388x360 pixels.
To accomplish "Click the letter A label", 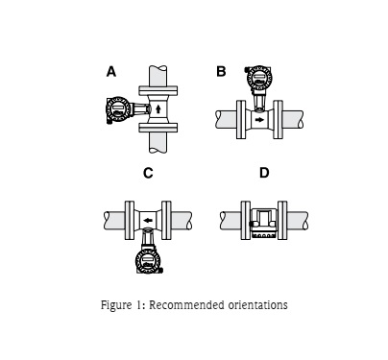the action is point(111,72).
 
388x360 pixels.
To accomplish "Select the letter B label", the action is point(222,72).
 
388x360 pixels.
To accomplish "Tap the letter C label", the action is point(148,174).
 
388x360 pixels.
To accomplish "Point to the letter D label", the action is point(263,174).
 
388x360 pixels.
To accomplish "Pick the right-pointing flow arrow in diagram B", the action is point(259,120).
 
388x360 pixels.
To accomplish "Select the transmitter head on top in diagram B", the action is point(257,78).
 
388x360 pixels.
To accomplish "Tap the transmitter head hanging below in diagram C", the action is point(148,259).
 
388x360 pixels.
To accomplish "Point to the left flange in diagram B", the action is point(238,120).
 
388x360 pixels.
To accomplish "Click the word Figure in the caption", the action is point(117,305).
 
